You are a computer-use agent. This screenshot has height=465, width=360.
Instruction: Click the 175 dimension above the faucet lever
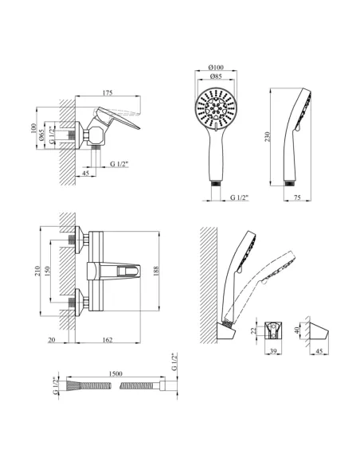pos(108,93)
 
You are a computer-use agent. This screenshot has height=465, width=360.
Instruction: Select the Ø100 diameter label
pos(216,68)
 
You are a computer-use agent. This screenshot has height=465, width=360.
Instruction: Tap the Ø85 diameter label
pos(216,76)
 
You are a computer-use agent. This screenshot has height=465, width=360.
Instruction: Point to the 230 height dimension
pos(268,137)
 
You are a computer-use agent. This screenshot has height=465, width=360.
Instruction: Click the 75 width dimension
pos(297,197)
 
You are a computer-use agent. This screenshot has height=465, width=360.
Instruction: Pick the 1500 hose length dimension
pos(115,373)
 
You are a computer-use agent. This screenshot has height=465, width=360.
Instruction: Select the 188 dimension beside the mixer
pos(156,271)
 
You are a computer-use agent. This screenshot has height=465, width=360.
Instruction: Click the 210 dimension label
pos(37,271)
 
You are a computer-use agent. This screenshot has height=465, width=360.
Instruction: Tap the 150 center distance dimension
pos(47,271)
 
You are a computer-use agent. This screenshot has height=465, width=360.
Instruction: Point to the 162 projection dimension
pos(108,340)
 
